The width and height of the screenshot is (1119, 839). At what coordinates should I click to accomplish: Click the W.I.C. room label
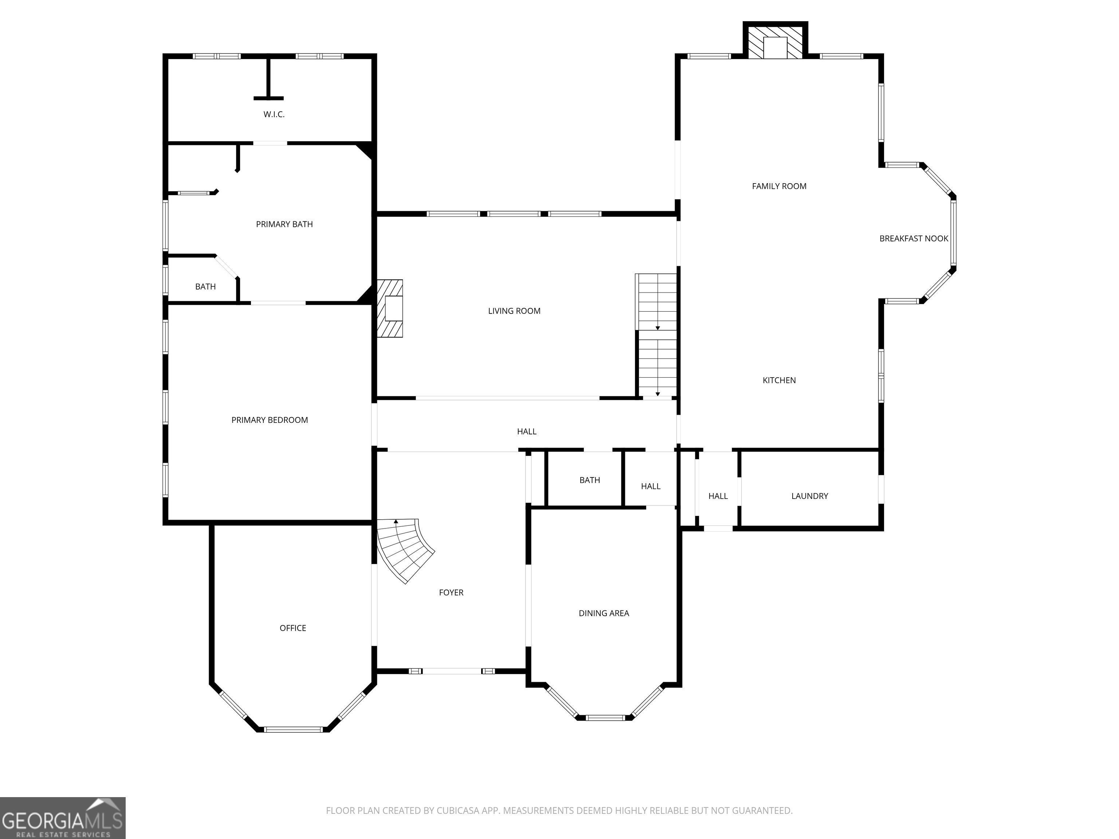[x=274, y=114]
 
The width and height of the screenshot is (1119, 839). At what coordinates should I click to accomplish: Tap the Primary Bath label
[x=284, y=224]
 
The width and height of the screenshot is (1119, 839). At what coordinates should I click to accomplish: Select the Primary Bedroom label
[x=270, y=420]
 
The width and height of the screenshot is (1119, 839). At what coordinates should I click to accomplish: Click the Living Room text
[x=514, y=311]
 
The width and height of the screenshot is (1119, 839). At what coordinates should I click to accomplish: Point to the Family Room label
[x=779, y=186]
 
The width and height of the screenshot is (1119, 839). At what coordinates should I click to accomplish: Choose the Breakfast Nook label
[x=914, y=238]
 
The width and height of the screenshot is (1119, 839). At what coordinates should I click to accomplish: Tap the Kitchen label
[x=779, y=380]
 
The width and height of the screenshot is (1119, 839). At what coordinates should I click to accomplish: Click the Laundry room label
[x=809, y=496]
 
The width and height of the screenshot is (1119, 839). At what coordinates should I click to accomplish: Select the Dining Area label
[x=604, y=614]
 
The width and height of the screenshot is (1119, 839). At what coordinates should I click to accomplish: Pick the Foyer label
[x=451, y=592]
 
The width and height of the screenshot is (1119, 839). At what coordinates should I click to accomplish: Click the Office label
[x=293, y=628]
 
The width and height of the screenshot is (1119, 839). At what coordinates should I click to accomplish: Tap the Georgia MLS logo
[x=63, y=818]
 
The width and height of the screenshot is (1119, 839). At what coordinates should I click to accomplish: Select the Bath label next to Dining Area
[x=590, y=480]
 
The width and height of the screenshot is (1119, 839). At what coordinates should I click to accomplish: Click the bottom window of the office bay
[x=293, y=729]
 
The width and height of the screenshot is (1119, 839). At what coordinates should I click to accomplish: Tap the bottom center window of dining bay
[x=605, y=717]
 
